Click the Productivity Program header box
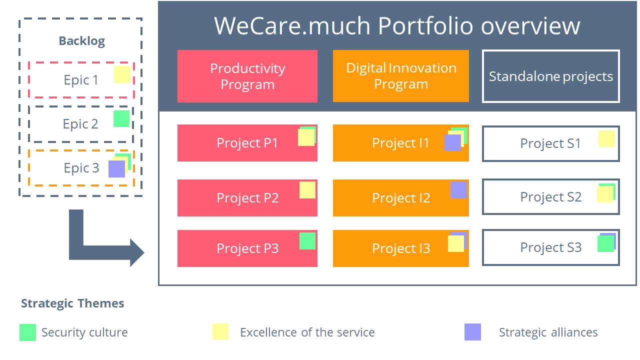point(247,76)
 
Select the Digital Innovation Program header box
point(400,76)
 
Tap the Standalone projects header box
point(550,76)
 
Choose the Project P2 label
point(247,198)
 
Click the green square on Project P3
point(307,241)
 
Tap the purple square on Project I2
point(458,190)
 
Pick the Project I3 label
point(400,248)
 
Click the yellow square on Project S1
point(606,139)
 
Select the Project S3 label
point(550,247)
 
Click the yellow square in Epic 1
point(122,74)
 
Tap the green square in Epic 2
point(121,119)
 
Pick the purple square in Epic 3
point(116,169)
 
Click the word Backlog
point(81,41)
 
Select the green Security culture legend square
point(27,332)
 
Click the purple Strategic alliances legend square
point(472,332)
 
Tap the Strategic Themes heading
point(72,303)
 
